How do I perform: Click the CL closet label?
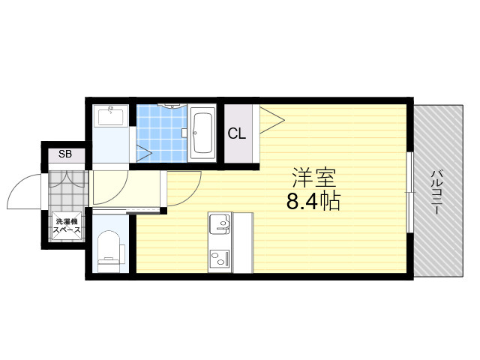coord(237,133)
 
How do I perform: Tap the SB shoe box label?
coord(65,154)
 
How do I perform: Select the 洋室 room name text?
coord(314,178)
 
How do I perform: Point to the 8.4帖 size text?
coord(313,201)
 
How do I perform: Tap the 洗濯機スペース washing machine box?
coord(67,226)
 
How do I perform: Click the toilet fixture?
coord(109,251)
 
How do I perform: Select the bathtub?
coord(202,133)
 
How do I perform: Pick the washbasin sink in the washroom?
coord(110,116)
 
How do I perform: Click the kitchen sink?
coord(220,223)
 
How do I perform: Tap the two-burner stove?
coord(220,257)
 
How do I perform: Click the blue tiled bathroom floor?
coord(161,133)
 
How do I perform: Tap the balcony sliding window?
coord(410,192)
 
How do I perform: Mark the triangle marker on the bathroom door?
coord(143,153)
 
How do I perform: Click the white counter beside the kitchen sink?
coord(243,242)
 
